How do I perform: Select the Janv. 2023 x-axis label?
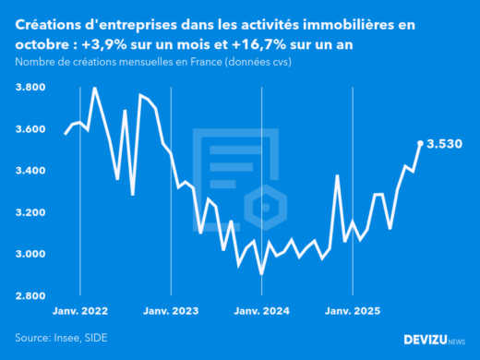click(x=172, y=312)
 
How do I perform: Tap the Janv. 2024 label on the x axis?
click(x=262, y=312)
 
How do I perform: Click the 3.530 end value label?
click(x=444, y=144)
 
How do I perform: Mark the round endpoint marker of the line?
click(x=421, y=143)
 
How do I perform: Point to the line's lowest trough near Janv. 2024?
click(x=261, y=273)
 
